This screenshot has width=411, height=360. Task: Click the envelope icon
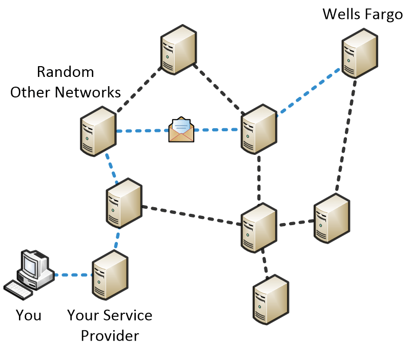[x=181, y=130]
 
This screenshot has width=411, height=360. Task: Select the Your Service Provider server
[x=110, y=276]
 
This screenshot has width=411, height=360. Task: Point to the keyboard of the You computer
[x=18, y=290]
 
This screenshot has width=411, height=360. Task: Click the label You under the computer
[x=28, y=314]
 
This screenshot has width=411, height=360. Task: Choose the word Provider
[x=110, y=336]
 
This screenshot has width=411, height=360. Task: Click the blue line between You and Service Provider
[x=73, y=275]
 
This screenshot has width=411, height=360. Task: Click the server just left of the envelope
[x=98, y=131]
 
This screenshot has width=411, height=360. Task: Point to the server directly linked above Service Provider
[x=124, y=203]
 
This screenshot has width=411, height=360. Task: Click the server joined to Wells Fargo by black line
[x=332, y=218]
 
